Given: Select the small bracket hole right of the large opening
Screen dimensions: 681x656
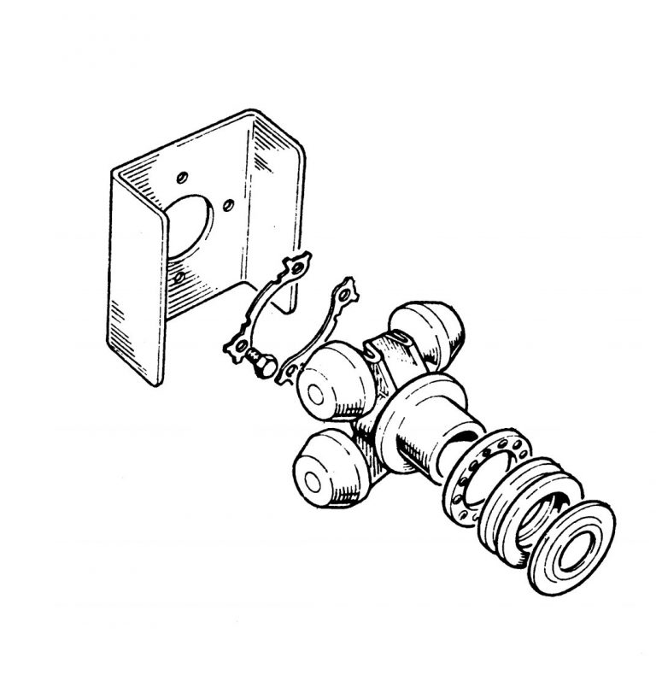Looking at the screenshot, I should (x=229, y=205).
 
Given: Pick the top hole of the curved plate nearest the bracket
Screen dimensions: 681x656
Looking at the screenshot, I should (x=294, y=263).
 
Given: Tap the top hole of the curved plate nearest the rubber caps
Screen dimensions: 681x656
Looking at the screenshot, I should (x=345, y=291).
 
